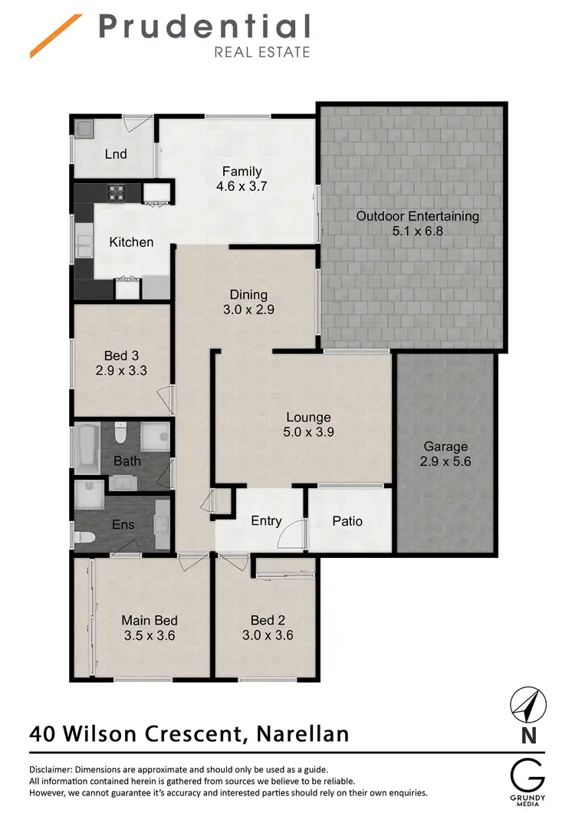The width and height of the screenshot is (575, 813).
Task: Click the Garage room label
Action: [445, 446]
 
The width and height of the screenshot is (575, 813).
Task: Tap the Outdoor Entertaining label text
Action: [417, 216]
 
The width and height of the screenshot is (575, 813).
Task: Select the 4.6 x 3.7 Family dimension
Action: [242, 185]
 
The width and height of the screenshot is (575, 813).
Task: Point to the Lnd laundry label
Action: [116, 154]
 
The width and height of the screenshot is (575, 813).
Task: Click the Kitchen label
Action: [131, 242]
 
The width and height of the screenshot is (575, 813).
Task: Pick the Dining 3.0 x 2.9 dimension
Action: [248, 310]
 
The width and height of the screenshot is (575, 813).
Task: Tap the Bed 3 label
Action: [120, 356]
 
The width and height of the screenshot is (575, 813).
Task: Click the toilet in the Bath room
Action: [120, 434]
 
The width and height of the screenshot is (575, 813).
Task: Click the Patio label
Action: [347, 521]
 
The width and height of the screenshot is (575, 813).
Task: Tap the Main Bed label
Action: [149, 621]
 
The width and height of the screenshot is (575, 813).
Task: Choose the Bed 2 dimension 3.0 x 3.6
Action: [268, 634]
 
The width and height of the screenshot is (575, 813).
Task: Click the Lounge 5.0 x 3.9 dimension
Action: [308, 431]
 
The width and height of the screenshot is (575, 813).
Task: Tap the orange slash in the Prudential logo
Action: [56, 36]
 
